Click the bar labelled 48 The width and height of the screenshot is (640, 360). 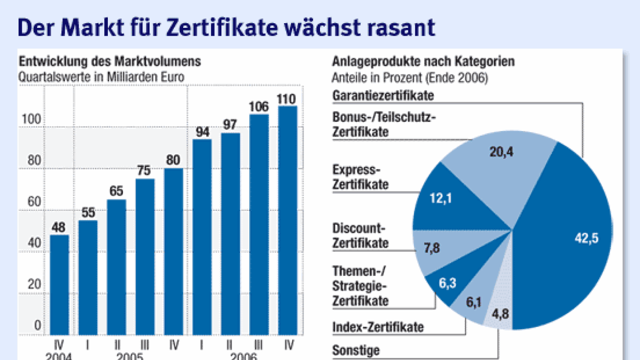(x=59, y=284)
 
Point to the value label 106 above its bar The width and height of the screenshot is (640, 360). (x=259, y=107)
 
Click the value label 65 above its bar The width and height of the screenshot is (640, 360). (x=117, y=191)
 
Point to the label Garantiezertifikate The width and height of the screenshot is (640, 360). (x=383, y=95)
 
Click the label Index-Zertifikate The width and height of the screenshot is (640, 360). (x=378, y=327)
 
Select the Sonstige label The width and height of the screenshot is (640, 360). (x=356, y=350)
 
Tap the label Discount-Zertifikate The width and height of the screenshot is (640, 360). (x=360, y=235)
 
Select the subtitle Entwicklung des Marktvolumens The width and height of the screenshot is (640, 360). (x=109, y=62)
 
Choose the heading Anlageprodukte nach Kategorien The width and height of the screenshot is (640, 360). (x=423, y=62)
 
